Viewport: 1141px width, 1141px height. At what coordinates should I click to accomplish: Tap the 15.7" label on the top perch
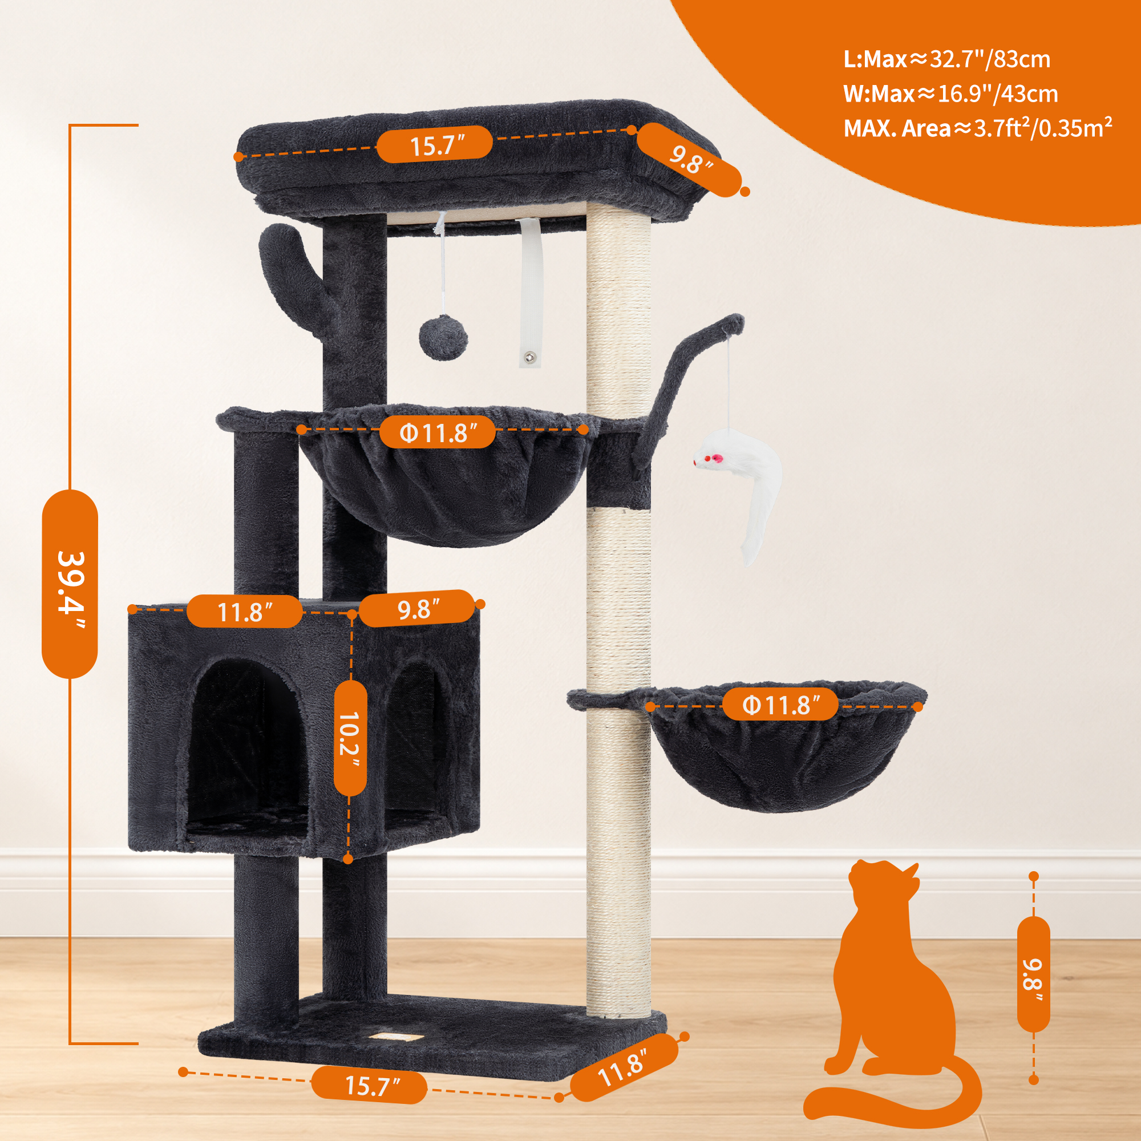(435, 145)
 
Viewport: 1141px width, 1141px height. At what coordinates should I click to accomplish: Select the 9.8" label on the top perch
(689, 160)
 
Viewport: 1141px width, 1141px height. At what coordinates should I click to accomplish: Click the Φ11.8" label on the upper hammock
(437, 432)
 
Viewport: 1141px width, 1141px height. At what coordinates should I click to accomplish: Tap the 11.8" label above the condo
(244, 612)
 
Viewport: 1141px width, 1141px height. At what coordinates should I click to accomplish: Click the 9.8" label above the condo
(418, 608)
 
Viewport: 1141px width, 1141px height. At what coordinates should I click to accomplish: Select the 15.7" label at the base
(369, 1085)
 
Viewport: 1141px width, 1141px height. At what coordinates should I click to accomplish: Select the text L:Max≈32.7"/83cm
(946, 59)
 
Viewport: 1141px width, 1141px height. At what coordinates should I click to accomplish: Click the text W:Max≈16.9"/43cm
(950, 94)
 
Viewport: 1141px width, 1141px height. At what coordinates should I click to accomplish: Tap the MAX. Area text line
(978, 128)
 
